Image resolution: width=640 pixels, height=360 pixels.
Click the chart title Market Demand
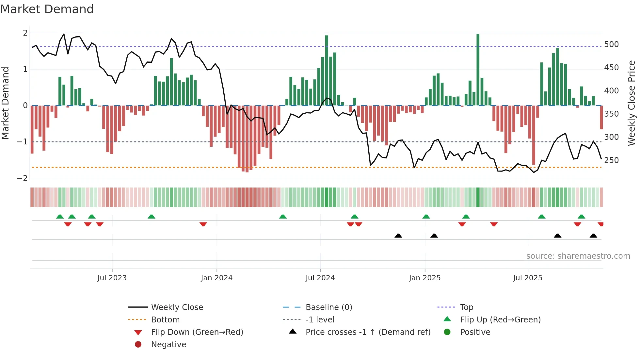click(x=47, y=9)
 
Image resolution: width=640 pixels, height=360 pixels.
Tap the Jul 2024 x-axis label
click(x=320, y=278)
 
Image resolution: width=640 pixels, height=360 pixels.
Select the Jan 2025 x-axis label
click(x=424, y=278)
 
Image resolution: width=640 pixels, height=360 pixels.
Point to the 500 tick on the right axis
click(x=611, y=44)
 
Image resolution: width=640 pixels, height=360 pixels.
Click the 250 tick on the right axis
click(x=611, y=160)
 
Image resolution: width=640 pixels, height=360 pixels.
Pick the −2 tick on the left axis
click(x=22, y=178)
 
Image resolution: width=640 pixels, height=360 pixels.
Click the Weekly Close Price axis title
click(x=632, y=103)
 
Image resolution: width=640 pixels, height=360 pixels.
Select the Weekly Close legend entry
click(x=177, y=307)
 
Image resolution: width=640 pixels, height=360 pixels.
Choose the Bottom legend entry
click(x=165, y=320)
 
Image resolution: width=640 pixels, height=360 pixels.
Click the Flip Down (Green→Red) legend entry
click(x=197, y=332)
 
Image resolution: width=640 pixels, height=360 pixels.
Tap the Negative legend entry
click(x=168, y=345)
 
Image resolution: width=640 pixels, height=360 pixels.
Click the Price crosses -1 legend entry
click(x=368, y=332)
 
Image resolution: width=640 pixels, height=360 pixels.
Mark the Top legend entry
click(x=466, y=307)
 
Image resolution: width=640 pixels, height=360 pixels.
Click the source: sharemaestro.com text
click(x=578, y=256)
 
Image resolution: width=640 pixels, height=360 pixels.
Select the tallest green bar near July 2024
click(x=327, y=70)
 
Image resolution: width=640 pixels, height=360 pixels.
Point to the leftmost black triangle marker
click(x=398, y=236)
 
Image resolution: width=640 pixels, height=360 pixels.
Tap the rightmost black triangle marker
click(x=593, y=236)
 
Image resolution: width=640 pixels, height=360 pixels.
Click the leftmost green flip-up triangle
click(x=60, y=217)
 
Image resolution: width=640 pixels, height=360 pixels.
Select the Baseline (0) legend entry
click(x=328, y=307)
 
